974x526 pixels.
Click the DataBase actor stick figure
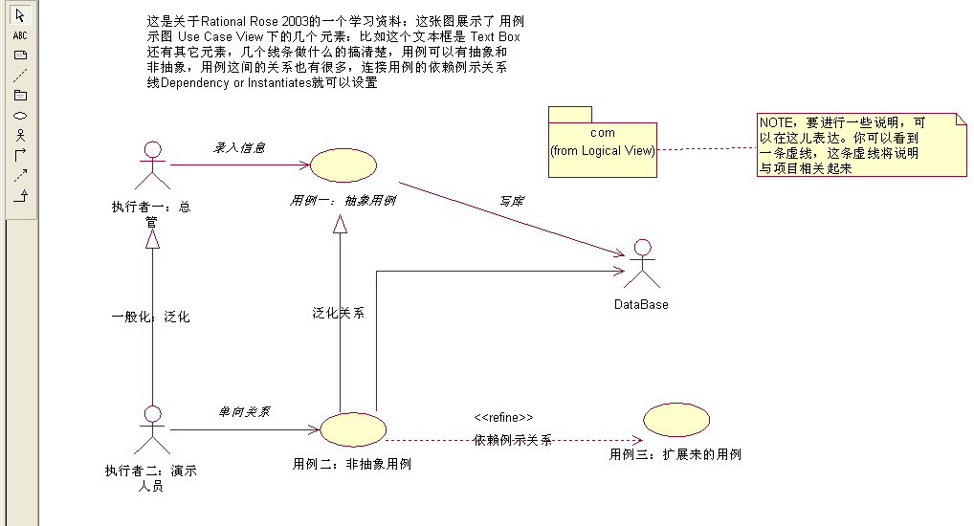click(x=642, y=264)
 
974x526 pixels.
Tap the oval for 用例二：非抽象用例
click(x=351, y=429)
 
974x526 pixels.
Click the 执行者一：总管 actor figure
click(x=149, y=167)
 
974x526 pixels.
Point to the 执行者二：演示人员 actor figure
click(x=149, y=429)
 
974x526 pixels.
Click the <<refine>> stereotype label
click(x=503, y=418)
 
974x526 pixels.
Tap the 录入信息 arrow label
click(x=238, y=148)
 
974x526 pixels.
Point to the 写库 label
click(x=512, y=201)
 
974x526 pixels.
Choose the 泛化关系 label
click(x=338, y=313)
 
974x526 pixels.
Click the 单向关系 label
click(x=244, y=411)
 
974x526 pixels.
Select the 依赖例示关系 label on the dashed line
click(x=513, y=440)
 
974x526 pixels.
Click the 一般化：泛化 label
click(x=150, y=317)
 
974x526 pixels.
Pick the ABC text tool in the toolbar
click(x=20, y=34)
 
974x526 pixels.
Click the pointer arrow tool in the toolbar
click(x=20, y=15)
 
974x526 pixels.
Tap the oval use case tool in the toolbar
click(x=20, y=115)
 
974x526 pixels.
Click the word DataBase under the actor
click(x=641, y=304)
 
